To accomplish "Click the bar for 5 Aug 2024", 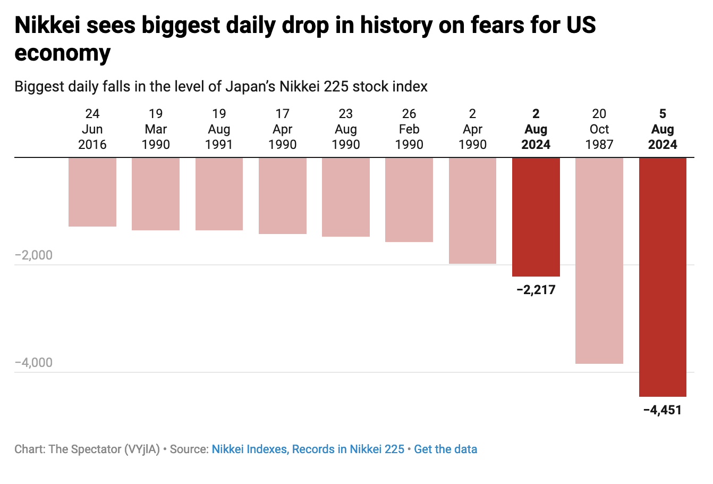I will [663, 277].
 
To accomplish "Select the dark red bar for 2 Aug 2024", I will [536, 217].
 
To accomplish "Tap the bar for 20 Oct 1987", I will [599, 261].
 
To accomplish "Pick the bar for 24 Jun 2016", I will [92, 192].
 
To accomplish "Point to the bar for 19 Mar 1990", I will [156, 194].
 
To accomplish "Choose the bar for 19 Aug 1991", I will [219, 194].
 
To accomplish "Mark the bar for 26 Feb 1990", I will [409, 200].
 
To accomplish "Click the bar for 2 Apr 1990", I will [472, 211].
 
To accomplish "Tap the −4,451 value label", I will [662, 410].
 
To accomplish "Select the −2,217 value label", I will [536, 290].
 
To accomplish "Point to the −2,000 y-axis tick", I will [34, 255].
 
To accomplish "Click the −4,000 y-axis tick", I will [34, 363].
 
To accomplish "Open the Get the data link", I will [445, 449].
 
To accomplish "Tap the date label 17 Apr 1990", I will [282, 129].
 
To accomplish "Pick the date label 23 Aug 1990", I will [346, 129].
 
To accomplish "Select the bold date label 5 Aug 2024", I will [663, 129].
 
